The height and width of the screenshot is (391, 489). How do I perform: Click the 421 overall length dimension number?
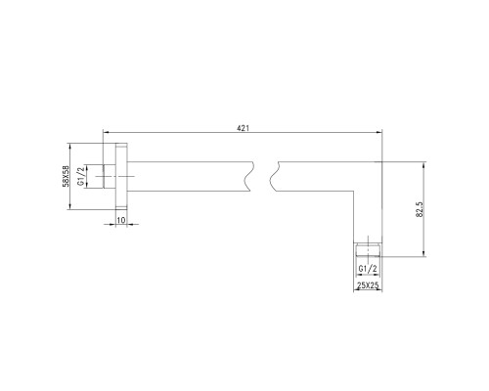242,125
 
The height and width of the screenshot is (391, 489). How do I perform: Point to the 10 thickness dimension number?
121,222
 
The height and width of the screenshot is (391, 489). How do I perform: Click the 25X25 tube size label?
367,285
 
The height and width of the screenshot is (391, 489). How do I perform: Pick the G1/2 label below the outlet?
367,267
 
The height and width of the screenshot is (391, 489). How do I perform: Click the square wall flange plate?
121,177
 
